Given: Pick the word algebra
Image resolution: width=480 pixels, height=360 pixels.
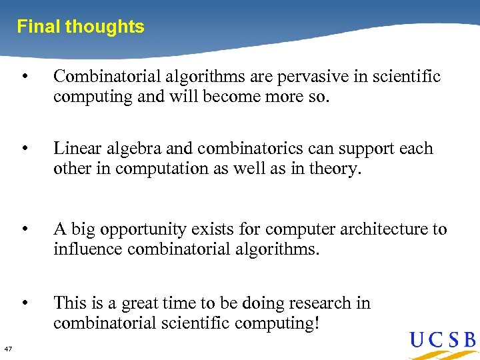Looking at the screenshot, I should [x=131, y=149].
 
